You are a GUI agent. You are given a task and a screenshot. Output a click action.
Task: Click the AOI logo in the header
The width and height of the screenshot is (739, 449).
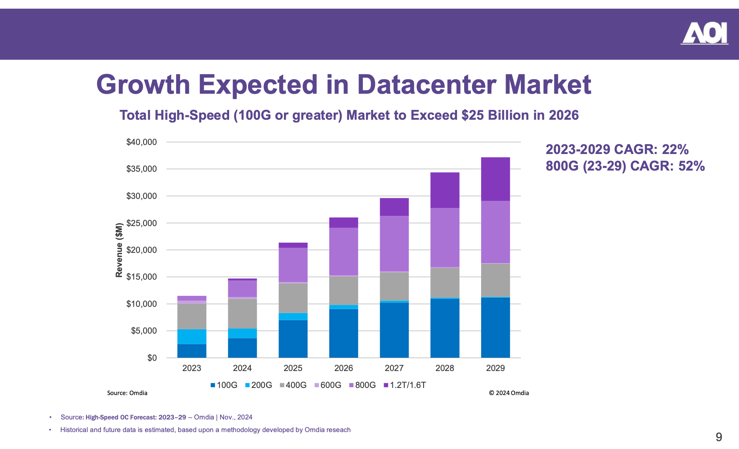tap(704, 33)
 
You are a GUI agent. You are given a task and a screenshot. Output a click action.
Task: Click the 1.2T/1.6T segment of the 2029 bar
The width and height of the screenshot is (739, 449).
tap(495, 179)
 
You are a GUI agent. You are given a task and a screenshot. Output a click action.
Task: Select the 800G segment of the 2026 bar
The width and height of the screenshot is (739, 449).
tap(343, 251)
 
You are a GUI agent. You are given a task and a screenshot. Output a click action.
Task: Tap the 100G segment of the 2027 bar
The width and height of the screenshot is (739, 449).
tap(394, 330)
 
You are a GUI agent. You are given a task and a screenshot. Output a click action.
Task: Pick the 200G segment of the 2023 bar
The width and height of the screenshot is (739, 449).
tap(192, 336)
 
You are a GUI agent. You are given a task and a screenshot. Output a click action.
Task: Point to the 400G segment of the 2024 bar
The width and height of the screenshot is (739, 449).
tap(242, 314)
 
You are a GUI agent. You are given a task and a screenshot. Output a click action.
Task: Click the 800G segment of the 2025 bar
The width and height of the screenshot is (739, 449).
tap(293, 265)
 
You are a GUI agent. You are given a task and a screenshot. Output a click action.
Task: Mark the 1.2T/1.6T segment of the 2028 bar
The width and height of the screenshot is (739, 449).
tap(445, 190)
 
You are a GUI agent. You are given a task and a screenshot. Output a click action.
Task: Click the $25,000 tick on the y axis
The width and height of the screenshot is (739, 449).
tap(141, 223)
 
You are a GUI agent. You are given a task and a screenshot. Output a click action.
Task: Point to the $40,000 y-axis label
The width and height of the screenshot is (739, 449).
tap(141, 142)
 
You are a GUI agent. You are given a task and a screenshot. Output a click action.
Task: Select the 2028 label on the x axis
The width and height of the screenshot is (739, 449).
tap(445, 368)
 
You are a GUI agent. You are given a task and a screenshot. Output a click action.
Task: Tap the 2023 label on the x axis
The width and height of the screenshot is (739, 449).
tap(192, 368)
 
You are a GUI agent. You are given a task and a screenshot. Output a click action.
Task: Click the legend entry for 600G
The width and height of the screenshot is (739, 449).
tap(327, 385)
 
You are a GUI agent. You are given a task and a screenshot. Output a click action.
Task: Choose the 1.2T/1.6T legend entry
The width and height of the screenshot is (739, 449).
tap(405, 385)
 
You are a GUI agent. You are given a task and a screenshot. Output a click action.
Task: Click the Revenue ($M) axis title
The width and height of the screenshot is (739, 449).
tap(119, 250)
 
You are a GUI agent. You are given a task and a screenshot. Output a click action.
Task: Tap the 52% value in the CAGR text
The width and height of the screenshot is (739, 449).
tap(691, 166)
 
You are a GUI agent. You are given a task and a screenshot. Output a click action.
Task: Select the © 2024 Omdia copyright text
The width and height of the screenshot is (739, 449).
tap(509, 393)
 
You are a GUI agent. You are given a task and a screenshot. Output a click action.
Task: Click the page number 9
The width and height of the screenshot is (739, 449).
tap(718, 437)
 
